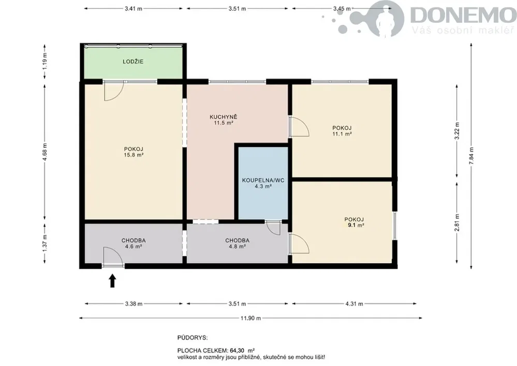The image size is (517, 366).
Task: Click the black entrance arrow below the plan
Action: tap(112, 281)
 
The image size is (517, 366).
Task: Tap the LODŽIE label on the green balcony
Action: tap(133, 62)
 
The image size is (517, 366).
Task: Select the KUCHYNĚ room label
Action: tap(223, 117)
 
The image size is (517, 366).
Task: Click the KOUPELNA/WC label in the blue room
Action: tap(263, 180)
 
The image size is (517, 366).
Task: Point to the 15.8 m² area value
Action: tap(134, 155)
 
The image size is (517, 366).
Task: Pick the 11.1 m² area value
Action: tap(342, 134)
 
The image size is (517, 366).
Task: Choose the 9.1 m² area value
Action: tap(356, 225)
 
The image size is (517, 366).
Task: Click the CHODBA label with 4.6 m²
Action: tap(134, 240)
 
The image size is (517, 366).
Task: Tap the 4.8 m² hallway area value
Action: tap(238, 247)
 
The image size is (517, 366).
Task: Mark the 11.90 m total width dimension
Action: tap(250, 318)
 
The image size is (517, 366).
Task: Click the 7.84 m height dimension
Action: tap(471, 156)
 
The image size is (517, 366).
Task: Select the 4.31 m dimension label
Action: tap(354, 304)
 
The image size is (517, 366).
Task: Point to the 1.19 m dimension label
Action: tap(45, 61)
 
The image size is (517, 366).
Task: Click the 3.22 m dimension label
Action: tap(457, 131)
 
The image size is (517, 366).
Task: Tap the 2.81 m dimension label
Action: tap(457, 223)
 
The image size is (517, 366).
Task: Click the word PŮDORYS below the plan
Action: tap(193, 338)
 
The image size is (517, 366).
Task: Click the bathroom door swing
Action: tap(274, 228)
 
